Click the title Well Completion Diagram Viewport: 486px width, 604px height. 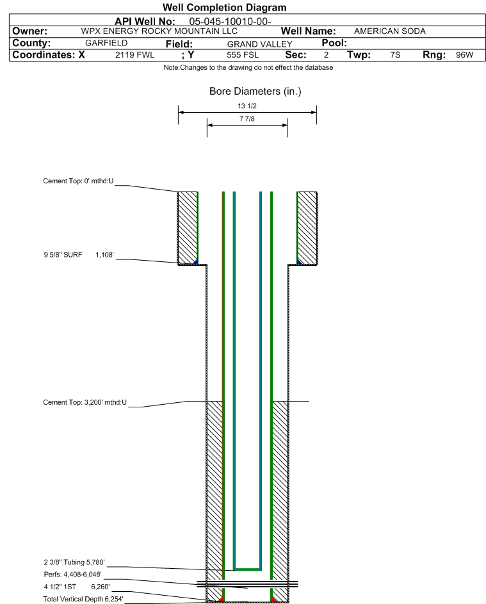click(x=224, y=8)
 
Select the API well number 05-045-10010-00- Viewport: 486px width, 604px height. click(x=231, y=21)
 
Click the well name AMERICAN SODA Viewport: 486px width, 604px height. click(x=389, y=31)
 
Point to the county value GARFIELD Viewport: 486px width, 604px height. click(x=106, y=43)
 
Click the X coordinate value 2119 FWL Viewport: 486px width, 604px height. click(x=135, y=55)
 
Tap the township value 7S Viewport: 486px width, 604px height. click(x=395, y=55)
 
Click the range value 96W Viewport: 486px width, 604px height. click(x=464, y=55)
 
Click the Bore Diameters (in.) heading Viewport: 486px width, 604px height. click(x=255, y=92)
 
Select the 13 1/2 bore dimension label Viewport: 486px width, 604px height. click(x=247, y=106)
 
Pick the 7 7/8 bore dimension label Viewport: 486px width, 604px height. click(x=247, y=119)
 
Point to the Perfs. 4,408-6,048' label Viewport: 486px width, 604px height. click(x=72, y=574)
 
